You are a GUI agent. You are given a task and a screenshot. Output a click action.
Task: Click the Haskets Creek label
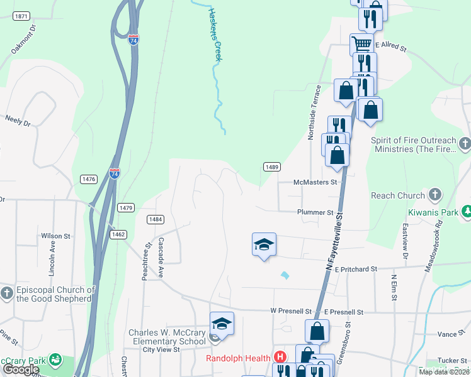215,34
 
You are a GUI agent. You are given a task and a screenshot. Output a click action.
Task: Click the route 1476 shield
89,179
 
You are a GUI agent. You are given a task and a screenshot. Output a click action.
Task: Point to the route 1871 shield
20,16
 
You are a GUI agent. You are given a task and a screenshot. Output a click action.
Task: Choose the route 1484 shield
156,219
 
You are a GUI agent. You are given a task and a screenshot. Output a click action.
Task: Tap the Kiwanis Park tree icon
466,212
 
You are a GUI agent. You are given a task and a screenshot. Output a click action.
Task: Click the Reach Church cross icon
434,195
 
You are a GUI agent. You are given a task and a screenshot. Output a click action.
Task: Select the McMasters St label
315,182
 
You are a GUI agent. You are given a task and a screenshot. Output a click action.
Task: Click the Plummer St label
315,212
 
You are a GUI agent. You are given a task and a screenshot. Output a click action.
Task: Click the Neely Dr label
18,119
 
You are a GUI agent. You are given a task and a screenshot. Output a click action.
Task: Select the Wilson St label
55,236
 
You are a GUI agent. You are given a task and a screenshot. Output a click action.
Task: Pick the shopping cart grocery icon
361,45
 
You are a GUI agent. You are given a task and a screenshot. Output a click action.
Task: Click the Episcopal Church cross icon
6,293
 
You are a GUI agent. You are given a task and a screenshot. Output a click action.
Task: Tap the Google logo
21,369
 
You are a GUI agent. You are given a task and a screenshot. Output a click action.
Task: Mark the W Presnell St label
291,311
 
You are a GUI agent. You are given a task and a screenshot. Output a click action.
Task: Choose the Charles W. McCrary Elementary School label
167,337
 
